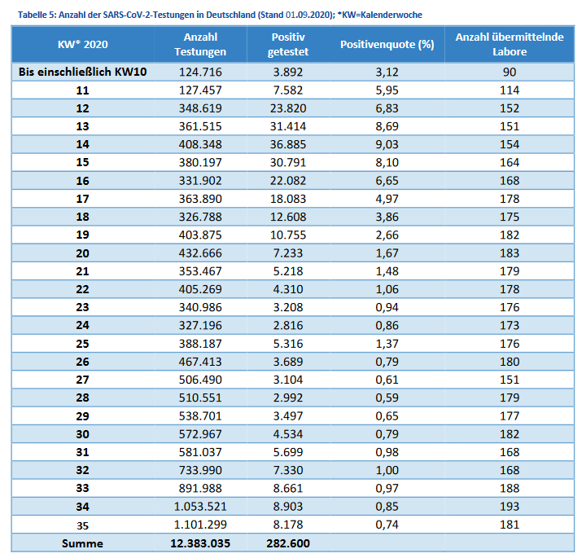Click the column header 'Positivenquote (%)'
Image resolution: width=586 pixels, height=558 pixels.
pyautogui.click(x=387, y=45)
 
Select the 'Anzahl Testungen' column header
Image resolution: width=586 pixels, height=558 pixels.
pyautogui.click(x=200, y=45)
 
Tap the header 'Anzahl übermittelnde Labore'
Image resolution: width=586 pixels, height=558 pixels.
pyautogui.click(x=509, y=45)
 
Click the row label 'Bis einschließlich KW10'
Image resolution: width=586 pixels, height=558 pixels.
pyautogui.click(x=82, y=72)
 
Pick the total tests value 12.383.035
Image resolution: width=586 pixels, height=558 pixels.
pyautogui.click(x=200, y=543)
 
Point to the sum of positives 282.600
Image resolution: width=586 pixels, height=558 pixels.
pyautogui.click(x=288, y=543)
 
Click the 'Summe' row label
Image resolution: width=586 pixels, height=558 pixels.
pyautogui.click(x=82, y=543)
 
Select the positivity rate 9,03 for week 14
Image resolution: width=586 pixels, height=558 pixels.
pyautogui.click(x=387, y=144)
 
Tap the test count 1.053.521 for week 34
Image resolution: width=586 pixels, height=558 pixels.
pyautogui.click(x=200, y=507)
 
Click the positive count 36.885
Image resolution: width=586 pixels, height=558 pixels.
pyautogui.click(x=288, y=144)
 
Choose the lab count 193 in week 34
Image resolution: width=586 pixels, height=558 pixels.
pyautogui.click(x=509, y=507)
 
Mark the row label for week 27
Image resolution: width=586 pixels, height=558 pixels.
pyautogui.click(x=82, y=380)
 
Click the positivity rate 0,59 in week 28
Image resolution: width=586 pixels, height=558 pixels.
pyautogui.click(x=387, y=398)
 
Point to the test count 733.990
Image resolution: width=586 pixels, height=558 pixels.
pyautogui.click(x=200, y=470)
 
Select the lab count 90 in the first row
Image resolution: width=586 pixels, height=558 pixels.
pyautogui.click(x=509, y=72)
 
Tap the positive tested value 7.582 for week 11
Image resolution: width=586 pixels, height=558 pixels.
pyautogui.click(x=288, y=90)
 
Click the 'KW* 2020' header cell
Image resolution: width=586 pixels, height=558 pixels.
pyautogui.click(x=82, y=45)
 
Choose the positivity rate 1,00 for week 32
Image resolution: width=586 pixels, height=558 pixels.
pyautogui.click(x=387, y=470)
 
